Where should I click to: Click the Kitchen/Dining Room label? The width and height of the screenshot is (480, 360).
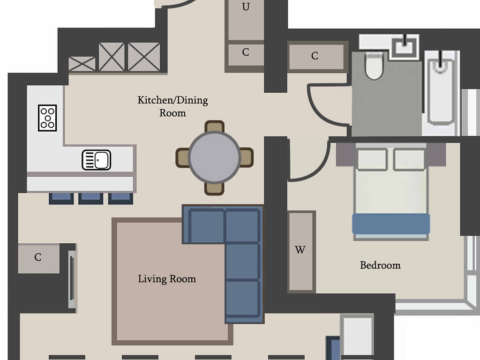point(172,106)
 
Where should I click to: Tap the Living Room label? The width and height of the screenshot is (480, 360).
point(167,279)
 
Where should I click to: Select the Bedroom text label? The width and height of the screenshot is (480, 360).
point(380,265)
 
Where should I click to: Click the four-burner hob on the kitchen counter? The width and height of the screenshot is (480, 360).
point(47,118)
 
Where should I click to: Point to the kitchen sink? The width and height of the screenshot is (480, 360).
point(97,160)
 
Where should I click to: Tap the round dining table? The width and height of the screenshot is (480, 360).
point(214,157)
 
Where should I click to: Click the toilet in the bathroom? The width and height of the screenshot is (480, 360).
point(374,66)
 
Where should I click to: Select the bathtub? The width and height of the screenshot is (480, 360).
point(440,92)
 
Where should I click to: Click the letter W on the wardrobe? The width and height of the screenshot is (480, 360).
point(300,250)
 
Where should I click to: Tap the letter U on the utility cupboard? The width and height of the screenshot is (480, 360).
point(246,7)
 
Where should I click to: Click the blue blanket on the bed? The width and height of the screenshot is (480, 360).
point(391,224)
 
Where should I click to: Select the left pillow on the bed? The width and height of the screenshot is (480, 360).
point(372,158)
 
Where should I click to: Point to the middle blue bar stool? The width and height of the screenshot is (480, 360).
point(90,198)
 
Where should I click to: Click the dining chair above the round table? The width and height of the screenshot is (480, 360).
point(214,127)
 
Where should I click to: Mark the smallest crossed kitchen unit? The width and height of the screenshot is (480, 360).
point(82,64)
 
